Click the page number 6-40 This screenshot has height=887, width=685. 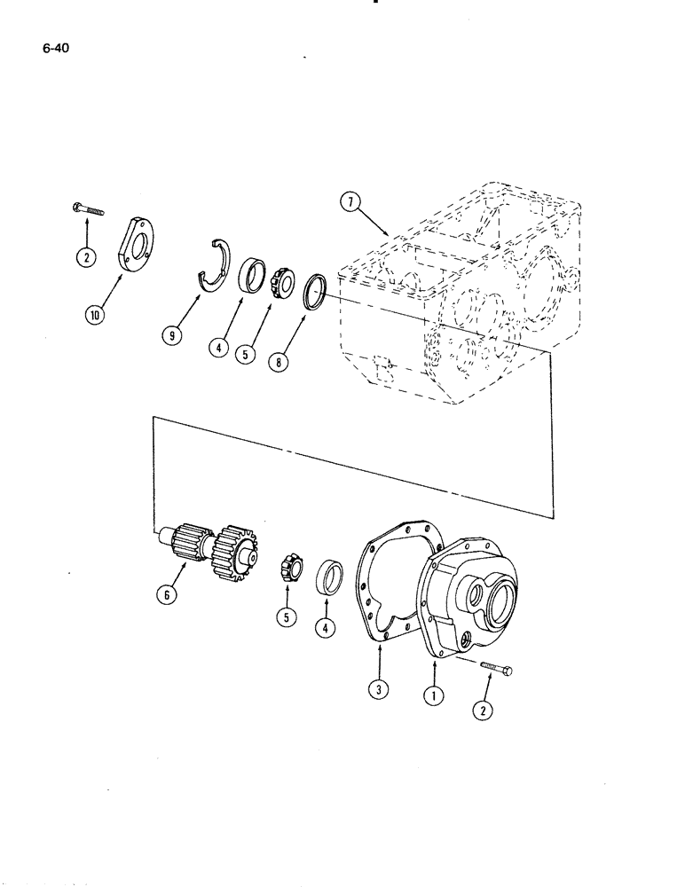tap(55, 50)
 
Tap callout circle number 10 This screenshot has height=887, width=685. tap(95, 314)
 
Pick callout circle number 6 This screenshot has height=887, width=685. tap(165, 596)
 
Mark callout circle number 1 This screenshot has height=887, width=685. tap(433, 697)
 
